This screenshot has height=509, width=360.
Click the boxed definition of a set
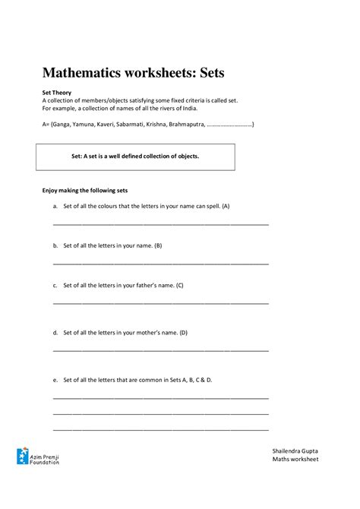click(x=135, y=156)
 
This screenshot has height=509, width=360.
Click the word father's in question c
click(x=157, y=286)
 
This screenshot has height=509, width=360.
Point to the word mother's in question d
click(x=160, y=333)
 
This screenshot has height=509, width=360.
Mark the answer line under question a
click(x=160, y=225)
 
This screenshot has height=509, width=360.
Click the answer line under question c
click(x=160, y=303)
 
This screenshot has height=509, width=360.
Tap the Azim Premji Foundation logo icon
click(x=22, y=456)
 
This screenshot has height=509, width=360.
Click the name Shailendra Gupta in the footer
click(x=295, y=451)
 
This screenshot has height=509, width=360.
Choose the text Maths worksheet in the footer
click(x=295, y=460)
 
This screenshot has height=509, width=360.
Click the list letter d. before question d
click(x=55, y=333)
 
